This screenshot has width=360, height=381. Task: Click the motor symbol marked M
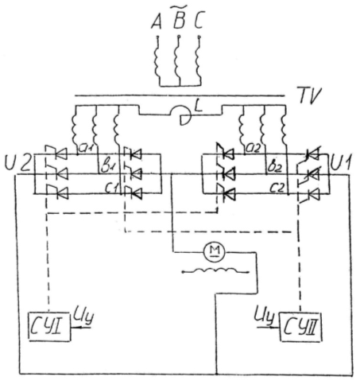tap(214, 251)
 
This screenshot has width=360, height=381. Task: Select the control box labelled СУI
tap(49, 326)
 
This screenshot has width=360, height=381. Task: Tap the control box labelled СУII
tap(301, 328)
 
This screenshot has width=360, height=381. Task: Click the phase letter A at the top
tap(157, 21)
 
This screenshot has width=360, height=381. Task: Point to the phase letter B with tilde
tap(180, 17)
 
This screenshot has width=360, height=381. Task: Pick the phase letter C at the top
tap(199, 21)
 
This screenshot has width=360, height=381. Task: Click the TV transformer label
tap(310, 95)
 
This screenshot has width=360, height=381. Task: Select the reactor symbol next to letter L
tap(181, 115)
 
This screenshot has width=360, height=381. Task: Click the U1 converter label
tap(341, 162)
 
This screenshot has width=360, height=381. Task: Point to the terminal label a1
tap(87, 149)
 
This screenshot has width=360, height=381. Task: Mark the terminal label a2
tap(254, 149)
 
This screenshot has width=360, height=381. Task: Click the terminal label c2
tap(277, 188)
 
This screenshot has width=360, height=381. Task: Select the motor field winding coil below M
tap(215, 270)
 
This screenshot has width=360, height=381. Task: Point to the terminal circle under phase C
tap(199, 37)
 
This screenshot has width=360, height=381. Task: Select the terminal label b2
tap(273, 167)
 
